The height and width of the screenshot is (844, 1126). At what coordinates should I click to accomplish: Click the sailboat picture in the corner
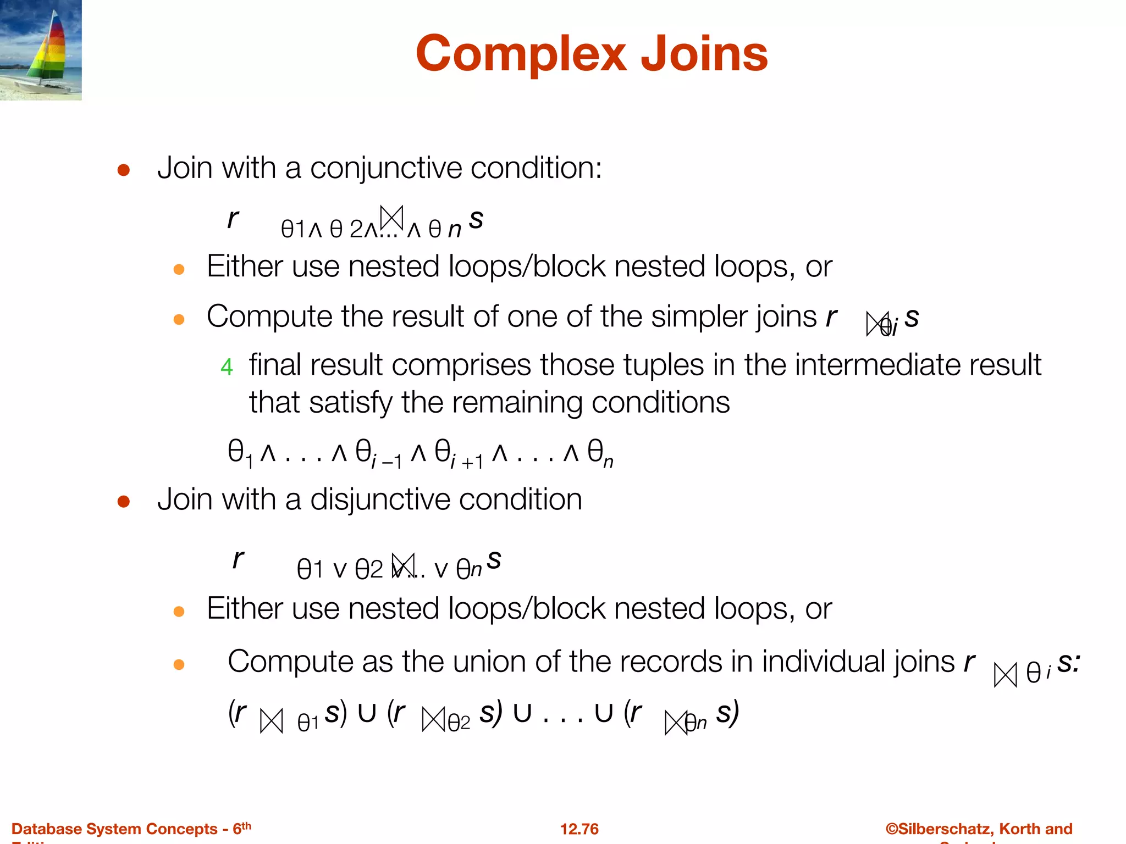click(41, 50)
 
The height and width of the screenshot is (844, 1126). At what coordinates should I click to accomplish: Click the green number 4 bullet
click(227, 367)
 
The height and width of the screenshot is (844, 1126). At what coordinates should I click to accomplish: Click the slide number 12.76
click(579, 829)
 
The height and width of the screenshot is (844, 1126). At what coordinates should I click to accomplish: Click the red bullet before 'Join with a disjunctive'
click(124, 501)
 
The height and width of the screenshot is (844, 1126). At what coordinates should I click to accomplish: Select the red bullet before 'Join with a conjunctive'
click(124, 170)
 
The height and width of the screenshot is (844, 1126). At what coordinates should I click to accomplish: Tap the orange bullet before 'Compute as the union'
click(179, 665)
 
